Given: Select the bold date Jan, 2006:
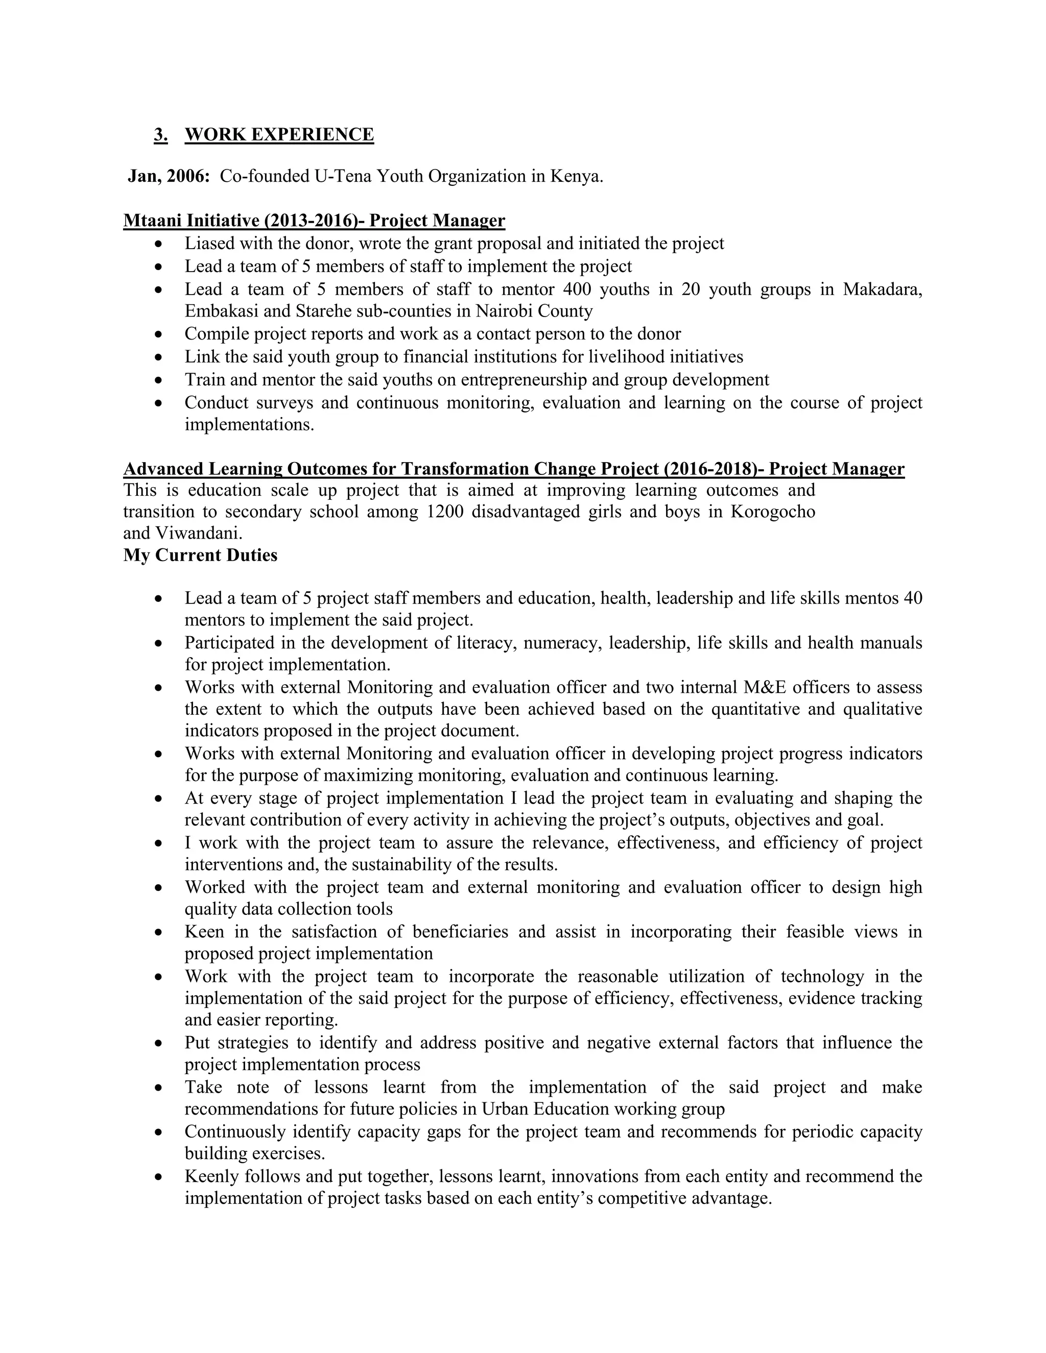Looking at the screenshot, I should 169,176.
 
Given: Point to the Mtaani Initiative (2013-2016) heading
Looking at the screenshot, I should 314,221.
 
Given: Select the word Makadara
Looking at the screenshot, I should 882,289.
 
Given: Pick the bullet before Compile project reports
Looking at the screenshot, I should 159,334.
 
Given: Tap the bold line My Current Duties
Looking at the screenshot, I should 200,555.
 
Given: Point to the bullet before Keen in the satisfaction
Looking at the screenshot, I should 159,932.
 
